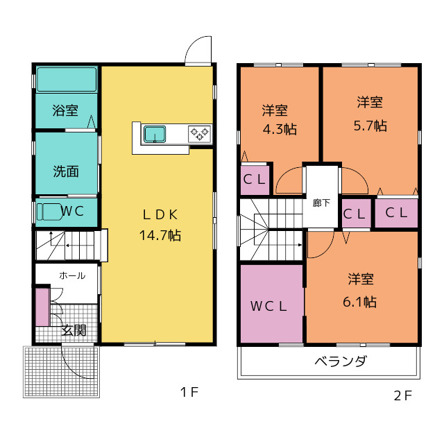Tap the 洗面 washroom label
tap(65, 171)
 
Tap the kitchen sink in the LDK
tap(154, 133)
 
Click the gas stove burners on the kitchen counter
tap(200, 133)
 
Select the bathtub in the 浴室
tap(66, 80)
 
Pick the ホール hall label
tap(71, 275)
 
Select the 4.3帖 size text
tap(280, 128)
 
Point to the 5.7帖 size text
tap(370, 126)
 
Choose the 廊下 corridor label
tap(321, 203)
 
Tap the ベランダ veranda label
tap(340, 361)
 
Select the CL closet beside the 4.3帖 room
tap(255, 179)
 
